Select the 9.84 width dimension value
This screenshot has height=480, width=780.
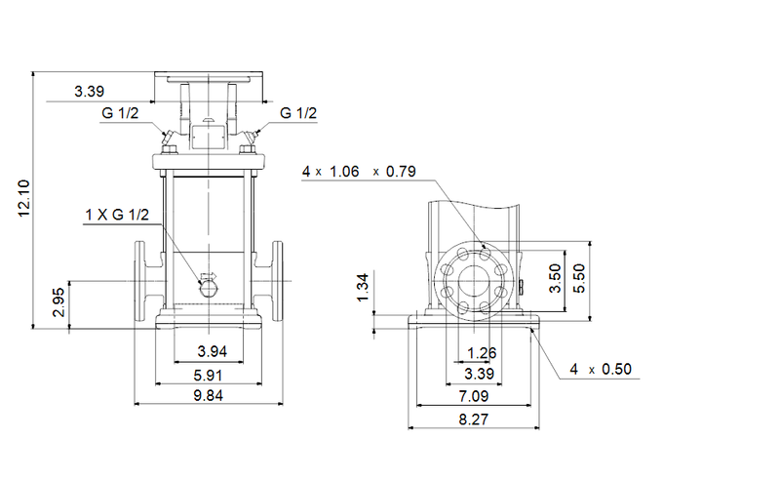tap(207, 395)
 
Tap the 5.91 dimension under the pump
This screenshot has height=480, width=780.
tap(207, 373)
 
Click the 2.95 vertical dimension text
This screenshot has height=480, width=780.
tap(58, 304)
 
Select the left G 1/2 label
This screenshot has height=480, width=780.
tap(121, 114)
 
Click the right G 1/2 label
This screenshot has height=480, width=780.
tap(299, 114)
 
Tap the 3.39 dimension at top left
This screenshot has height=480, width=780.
tap(90, 93)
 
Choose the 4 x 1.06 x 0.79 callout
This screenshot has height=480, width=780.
tap(359, 172)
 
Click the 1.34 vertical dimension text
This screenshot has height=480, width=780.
tap(363, 288)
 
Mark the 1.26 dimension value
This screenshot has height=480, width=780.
tap(480, 352)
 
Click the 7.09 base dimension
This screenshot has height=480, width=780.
tap(477, 397)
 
